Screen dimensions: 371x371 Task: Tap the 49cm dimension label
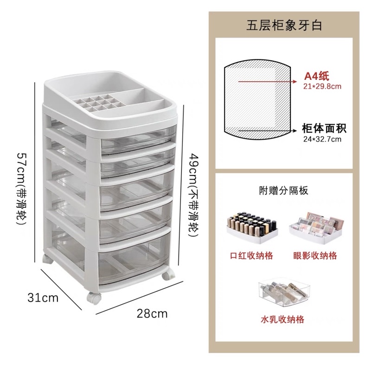(193, 195)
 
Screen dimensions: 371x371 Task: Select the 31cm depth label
(43, 297)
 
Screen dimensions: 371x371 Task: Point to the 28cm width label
(152, 314)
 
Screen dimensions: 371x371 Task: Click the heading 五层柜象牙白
(284, 26)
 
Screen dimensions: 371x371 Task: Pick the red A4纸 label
(317, 76)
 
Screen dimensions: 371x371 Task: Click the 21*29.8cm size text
(322, 87)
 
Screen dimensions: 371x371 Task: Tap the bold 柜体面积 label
(324, 128)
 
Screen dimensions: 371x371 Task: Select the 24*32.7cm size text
(322, 139)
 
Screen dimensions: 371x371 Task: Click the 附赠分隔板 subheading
(284, 191)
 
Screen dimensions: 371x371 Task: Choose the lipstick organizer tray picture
(252, 228)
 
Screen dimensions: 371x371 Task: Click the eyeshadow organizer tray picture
(316, 228)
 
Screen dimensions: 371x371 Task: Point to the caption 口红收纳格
(251, 256)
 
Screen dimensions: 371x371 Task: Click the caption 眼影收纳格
(315, 256)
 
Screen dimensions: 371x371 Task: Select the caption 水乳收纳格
(282, 320)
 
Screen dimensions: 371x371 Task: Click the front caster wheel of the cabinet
(94, 298)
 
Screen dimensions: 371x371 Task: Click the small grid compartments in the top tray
(98, 103)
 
